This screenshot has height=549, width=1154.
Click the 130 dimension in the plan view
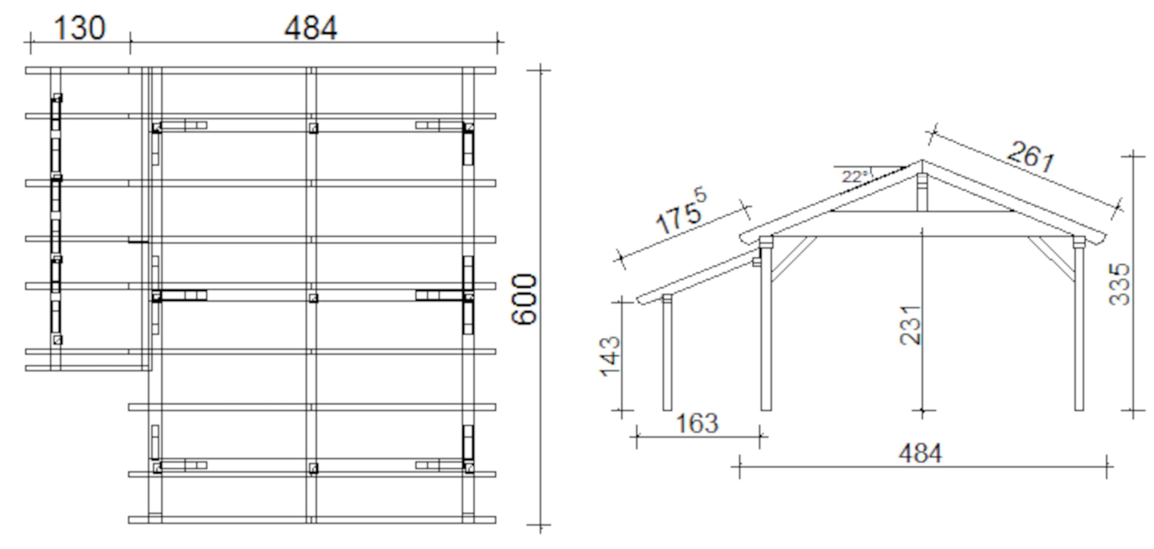pyautogui.click(x=80, y=28)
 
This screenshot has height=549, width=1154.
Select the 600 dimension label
pyautogui.click(x=524, y=299)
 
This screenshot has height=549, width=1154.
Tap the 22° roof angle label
pyautogui.click(x=856, y=177)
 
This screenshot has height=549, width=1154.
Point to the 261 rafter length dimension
pyautogui.click(x=1031, y=156)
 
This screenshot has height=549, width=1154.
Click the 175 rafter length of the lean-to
pyautogui.click(x=681, y=211)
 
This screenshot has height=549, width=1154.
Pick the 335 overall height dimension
pyautogui.click(x=1119, y=284)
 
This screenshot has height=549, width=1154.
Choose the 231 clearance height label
pyautogui.click(x=910, y=325)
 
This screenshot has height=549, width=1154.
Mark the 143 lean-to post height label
pyautogui.click(x=609, y=356)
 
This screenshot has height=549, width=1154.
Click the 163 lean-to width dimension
pyautogui.click(x=697, y=423)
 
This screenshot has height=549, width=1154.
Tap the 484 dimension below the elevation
pyautogui.click(x=920, y=453)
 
